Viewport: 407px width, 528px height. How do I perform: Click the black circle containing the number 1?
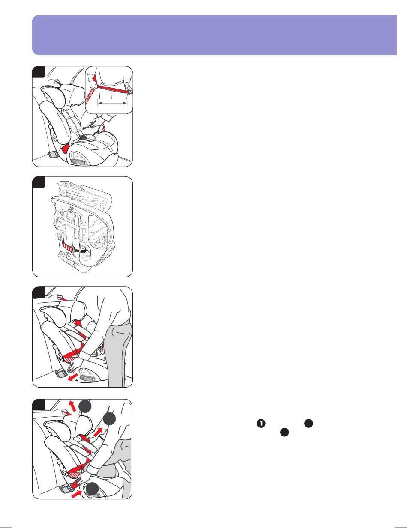click(x=261, y=423)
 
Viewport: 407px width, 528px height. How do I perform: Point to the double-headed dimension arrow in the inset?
click(x=112, y=103)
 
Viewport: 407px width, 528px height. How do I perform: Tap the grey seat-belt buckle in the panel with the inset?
click(x=53, y=155)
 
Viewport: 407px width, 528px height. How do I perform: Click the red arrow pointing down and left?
click(x=73, y=377)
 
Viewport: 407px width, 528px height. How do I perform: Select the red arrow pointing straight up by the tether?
click(x=72, y=406)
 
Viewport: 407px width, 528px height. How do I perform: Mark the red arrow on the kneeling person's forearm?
click(x=98, y=432)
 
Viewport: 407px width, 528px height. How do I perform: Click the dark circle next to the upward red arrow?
click(x=85, y=406)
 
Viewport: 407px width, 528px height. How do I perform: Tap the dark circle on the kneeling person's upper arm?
click(x=109, y=419)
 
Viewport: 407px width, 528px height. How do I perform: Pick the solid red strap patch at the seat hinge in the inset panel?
click(x=66, y=148)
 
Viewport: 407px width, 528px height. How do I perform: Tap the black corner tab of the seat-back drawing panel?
click(x=39, y=182)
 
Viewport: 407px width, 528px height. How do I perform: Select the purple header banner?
click(x=214, y=35)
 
